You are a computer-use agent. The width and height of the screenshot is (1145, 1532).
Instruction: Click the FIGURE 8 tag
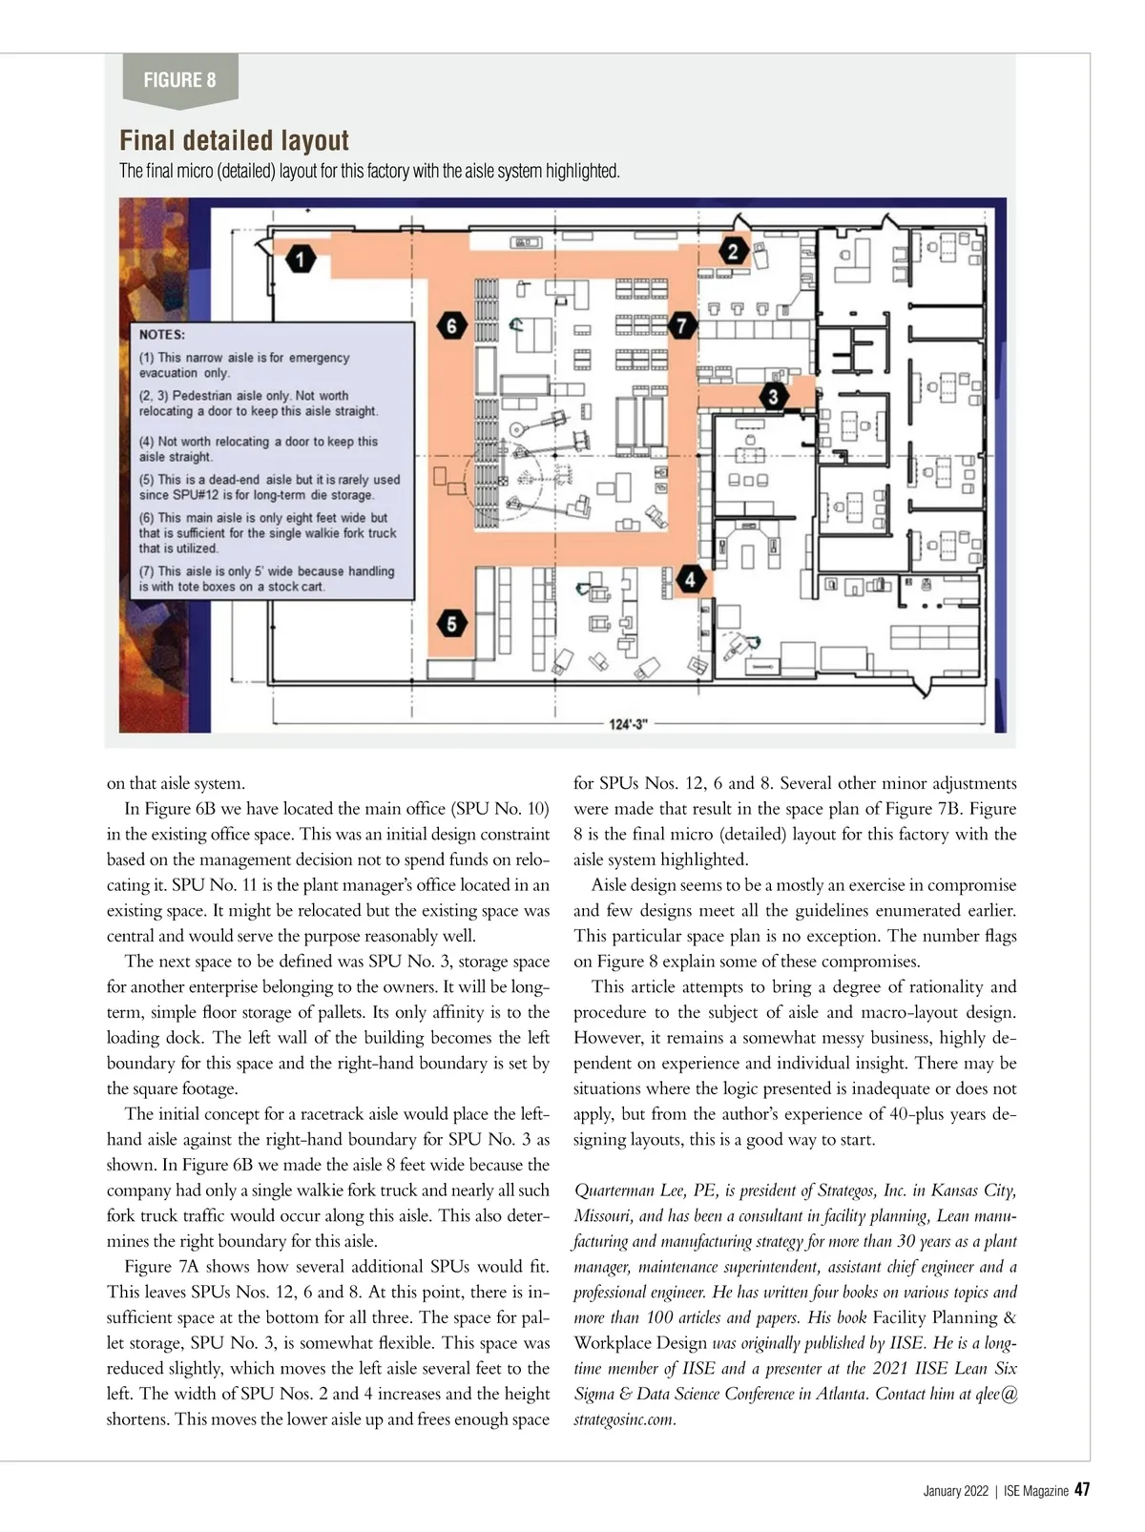179,80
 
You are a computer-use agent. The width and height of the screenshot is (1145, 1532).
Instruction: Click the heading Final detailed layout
235,141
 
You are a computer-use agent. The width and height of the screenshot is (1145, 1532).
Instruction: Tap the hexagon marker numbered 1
301,259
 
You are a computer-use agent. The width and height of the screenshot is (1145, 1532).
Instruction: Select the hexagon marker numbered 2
733,251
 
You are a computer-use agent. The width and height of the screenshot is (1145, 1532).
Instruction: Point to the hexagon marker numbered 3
773,397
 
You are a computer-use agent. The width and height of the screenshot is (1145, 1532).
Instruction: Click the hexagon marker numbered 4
690,578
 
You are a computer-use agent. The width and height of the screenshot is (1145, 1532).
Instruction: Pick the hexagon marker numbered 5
452,625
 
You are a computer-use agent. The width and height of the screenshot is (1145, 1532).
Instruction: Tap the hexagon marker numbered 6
451,326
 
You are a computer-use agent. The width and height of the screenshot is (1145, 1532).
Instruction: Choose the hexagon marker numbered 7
681,326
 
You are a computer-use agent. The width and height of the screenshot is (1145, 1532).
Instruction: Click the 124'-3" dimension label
628,725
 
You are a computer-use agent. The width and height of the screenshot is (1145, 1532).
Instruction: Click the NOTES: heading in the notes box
162,335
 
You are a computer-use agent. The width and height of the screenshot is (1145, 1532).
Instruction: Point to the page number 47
1083,1490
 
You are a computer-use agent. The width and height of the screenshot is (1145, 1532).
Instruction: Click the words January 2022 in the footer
956,1491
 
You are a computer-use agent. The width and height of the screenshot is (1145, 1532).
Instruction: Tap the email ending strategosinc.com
624,1419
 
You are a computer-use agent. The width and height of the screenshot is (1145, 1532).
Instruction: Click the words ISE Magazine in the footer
1035,1491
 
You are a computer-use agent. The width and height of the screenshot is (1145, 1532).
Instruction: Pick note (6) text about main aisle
267,533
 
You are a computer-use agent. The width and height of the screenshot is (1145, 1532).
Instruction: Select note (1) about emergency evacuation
244,365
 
